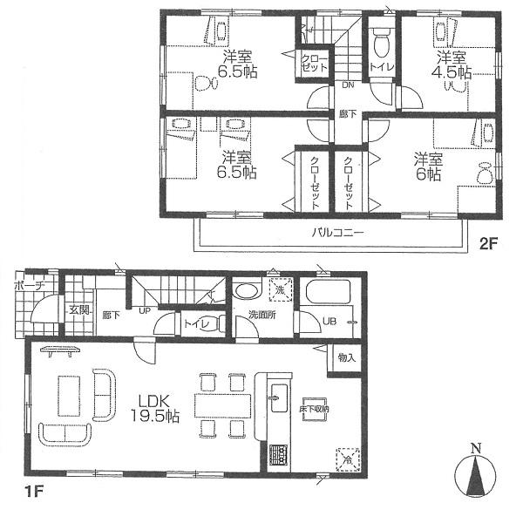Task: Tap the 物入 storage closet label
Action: (x=345, y=358)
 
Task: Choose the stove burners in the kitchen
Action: (x=278, y=455)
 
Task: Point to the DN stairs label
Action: (x=347, y=85)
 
